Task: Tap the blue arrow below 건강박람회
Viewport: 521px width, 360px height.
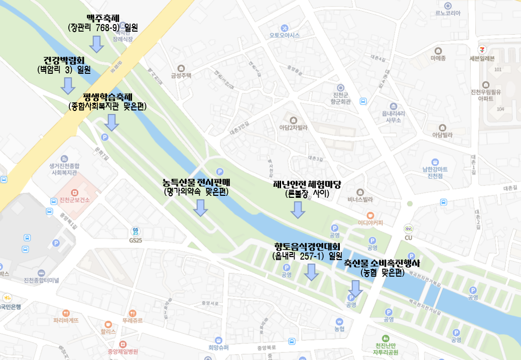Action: click(68, 85)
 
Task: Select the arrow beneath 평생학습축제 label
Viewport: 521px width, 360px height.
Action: click(111, 122)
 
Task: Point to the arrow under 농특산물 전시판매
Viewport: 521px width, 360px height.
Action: click(201, 207)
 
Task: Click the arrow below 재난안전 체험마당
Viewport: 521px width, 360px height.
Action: click(298, 209)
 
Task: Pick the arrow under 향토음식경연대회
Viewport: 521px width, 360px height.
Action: click(312, 272)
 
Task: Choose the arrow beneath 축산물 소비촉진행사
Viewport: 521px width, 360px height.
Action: click(356, 288)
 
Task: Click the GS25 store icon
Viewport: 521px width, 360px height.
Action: click(136, 231)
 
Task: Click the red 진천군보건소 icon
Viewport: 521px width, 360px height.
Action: click(75, 192)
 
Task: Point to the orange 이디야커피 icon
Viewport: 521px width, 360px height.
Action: click(370, 214)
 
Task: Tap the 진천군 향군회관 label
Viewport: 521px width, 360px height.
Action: click(341, 98)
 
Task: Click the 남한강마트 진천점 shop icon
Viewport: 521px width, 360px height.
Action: click(435, 162)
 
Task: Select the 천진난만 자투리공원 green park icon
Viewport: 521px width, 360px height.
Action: click(385, 338)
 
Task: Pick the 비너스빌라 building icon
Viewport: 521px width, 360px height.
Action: click(360, 192)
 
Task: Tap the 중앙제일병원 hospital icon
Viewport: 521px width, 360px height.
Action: click(122, 344)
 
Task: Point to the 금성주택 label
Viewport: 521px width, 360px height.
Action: click(181, 76)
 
